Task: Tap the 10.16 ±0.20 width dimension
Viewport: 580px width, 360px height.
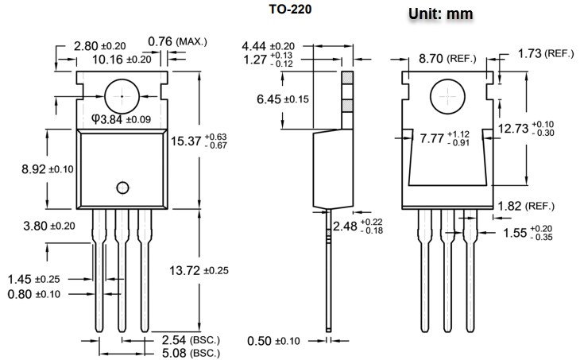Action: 121,59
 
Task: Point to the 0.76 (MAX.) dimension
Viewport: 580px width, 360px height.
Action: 177,41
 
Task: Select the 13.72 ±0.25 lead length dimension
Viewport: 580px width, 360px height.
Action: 199,271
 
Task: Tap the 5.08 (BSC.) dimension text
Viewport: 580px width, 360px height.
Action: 189,352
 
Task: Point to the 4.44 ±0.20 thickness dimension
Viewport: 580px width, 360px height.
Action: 269,46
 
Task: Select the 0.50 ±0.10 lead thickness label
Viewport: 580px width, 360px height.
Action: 274,341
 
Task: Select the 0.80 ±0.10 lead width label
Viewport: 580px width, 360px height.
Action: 35,294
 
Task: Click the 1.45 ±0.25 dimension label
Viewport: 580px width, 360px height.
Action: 35,279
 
